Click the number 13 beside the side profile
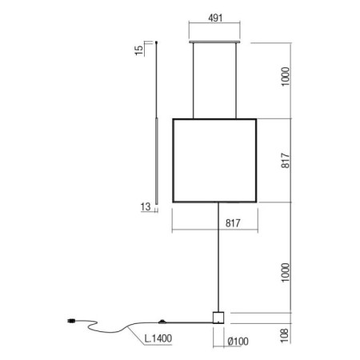(x=145, y=207)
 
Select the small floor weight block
(x=216, y=317)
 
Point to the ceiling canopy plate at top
(x=215, y=40)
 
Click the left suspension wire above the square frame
(x=194, y=80)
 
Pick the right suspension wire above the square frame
(x=237, y=80)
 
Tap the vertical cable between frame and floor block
(x=216, y=256)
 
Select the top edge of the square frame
(x=215, y=119)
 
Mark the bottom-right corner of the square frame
(x=255, y=201)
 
